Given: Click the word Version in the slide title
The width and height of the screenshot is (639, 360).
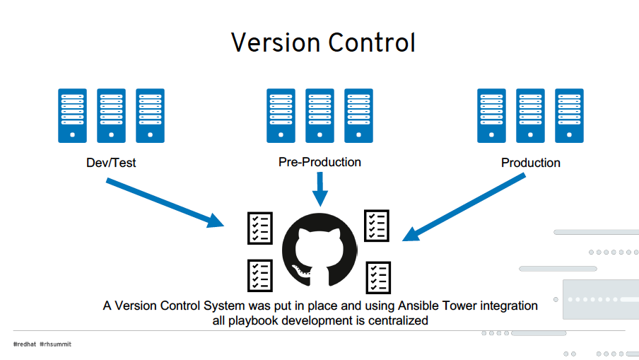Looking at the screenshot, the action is [276, 42].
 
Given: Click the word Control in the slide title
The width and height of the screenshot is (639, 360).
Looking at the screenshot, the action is [372, 42].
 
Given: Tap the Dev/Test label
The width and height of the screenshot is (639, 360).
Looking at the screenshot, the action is [111, 163].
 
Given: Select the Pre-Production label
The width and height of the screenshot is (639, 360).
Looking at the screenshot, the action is [319, 162].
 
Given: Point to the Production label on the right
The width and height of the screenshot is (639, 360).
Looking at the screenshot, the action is [531, 163].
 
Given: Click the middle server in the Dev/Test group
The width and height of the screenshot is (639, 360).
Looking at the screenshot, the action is [111, 116].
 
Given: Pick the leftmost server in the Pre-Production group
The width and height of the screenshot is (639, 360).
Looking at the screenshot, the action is [281, 116].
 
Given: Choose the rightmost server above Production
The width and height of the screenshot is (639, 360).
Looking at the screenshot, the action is [569, 116].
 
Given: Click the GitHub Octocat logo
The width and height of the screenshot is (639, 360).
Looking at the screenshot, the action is [319, 250].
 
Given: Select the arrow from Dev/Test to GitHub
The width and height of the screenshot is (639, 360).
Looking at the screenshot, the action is [165, 202].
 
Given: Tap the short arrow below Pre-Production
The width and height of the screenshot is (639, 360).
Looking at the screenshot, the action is [320, 189].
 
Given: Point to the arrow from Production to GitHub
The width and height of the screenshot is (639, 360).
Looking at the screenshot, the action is [464, 207].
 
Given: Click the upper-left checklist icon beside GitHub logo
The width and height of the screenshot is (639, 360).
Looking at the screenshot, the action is [260, 228].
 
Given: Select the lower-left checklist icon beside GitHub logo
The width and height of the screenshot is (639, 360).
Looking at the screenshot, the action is [260, 276].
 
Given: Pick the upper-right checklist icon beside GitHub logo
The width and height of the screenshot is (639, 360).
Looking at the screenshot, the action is [377, 226].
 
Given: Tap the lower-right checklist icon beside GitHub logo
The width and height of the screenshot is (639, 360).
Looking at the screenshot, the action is [378, 278].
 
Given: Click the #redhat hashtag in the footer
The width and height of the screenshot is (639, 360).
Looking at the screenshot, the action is [25, 344].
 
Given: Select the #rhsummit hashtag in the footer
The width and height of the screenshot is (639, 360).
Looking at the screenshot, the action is [55, 344].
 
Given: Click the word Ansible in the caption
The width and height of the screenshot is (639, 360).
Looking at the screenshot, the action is [418, 306].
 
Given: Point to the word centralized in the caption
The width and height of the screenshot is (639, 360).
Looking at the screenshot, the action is [398, 320].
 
